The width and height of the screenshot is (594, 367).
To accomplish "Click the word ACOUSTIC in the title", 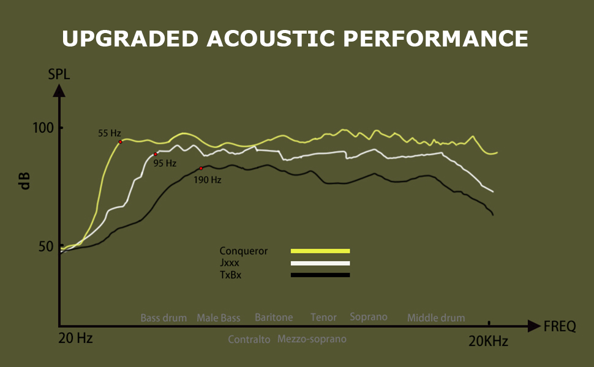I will point(271,39).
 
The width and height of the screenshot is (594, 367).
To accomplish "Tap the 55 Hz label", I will point(110,133).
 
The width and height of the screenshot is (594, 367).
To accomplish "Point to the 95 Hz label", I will point(165,163).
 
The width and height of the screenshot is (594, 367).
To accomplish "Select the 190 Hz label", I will point(207,180).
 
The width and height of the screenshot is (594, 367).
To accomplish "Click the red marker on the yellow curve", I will point(121,142).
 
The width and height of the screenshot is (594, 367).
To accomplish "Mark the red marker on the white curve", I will point(156,154).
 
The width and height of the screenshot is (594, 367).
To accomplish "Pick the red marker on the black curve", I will point(201,168).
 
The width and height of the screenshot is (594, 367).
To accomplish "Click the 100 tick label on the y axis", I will point(44,128).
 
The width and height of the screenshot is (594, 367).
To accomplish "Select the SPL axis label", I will point(59,75).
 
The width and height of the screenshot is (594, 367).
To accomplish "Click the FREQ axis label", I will point(560,327).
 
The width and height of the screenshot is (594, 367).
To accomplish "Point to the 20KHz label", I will point(488,341).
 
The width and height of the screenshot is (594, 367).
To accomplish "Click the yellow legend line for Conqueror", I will point(320,251).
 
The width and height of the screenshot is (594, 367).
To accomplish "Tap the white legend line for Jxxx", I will point(320,263).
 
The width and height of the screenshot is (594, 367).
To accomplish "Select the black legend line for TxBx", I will point(320,275).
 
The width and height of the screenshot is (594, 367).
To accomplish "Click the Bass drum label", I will point(164,318).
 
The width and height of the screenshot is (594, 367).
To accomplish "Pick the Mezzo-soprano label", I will point(312,339).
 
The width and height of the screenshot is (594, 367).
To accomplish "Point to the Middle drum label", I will point(436,318).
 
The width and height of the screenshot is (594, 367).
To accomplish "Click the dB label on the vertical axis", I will point(25,181).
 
